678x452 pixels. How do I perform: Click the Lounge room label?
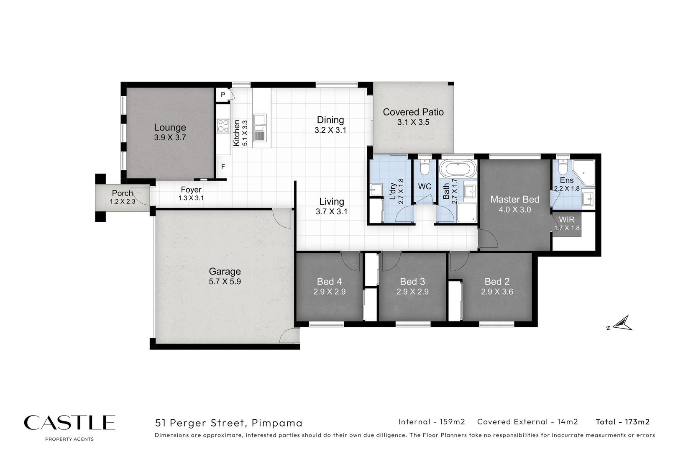(170, 127)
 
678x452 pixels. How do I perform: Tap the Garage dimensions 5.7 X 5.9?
(225, 282)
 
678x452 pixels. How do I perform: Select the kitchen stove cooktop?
(223, 126)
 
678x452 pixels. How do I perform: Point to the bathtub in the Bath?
(458, 169)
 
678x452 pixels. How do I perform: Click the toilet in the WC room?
(425, 167)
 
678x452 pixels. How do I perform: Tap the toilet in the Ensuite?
(563, 168)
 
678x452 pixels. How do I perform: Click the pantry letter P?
(223, 95)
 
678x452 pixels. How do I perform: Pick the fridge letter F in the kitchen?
(223, 167)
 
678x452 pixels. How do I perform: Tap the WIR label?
(567, 220)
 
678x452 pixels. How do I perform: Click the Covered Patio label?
(413, 112)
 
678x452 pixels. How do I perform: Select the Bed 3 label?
(412, 282)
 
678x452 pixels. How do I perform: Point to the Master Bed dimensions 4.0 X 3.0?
(514, 210)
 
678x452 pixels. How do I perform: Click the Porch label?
(122, 193)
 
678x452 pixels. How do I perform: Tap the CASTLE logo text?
(69, 423)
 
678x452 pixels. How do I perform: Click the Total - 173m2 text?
(622, 422)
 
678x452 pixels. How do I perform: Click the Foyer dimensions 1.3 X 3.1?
(191, 198)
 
